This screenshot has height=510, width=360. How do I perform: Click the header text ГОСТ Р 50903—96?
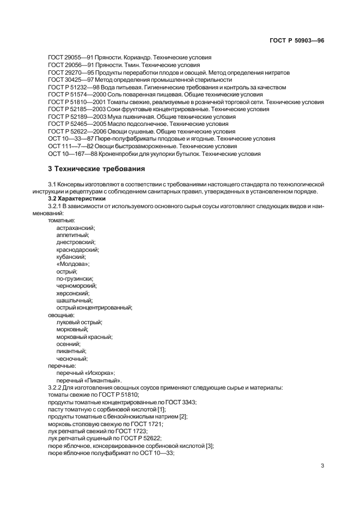[x=301, y=40]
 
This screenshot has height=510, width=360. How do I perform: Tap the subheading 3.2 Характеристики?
[x=77, y=199]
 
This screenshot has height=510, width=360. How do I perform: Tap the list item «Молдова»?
[x=73, y=264]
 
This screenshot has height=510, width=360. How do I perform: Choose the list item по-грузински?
[x=75, y=278]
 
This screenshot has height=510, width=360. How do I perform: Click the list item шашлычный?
[x=74, y=300]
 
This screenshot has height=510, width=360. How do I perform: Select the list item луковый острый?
[x=79, y=322]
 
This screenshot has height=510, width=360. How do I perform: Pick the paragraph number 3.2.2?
[x=57, y=387]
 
